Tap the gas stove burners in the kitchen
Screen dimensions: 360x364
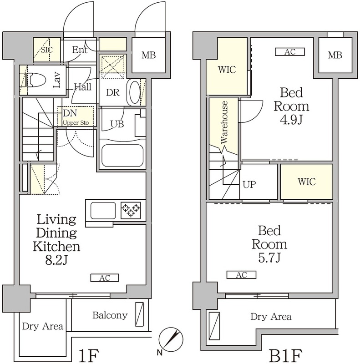pos(131,210)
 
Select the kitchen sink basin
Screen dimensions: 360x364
pos(103,211)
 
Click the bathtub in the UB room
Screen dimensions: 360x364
pos(122,156)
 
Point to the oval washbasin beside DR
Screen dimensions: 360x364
pos(134,92)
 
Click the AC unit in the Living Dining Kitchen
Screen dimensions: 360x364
pos(105,278)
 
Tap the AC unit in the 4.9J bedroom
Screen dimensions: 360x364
pos(289,52)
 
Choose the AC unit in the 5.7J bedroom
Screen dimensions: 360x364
pos(241,275)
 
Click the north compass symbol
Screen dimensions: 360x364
pos(171,339)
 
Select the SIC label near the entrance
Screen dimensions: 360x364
pos(47,50)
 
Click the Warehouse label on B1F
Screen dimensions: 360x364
pos(224,122)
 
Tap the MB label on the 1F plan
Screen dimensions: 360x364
pos(149,55)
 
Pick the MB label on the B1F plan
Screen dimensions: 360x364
pos(335,55)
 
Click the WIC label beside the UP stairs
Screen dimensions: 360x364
pos(307,182)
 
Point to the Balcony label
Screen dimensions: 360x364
pos(110,315)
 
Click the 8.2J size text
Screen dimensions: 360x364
pos(56,260)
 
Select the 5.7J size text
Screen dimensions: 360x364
pos(269,258)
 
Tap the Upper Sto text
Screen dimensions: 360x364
pos(76,122)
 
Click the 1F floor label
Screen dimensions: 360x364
pos(89,355)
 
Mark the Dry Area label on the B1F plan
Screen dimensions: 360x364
pos(271,316)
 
